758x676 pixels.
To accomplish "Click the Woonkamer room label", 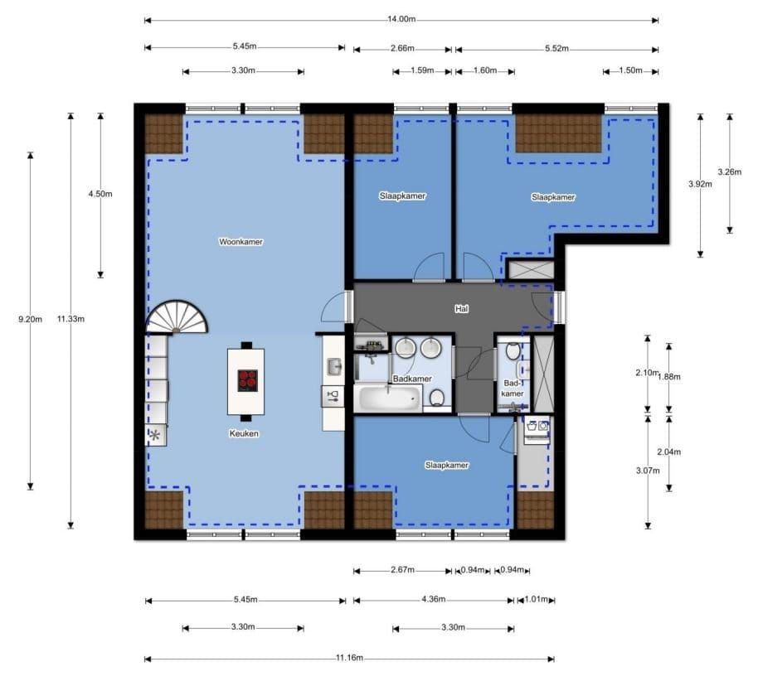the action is tap(241, 242).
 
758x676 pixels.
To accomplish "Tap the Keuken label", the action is tap(244, 433).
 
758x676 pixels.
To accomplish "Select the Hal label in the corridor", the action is tap(462, 308).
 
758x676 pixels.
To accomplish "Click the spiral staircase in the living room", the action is tap(177, 317).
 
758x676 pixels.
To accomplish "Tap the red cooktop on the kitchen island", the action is tap(247, 380).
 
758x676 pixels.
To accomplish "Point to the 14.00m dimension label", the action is tap(401, 19).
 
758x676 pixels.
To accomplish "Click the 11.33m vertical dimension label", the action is tap(70, 319).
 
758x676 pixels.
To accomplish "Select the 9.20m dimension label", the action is tap(30, 319).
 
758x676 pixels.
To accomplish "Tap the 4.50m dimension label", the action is tap(100, 194).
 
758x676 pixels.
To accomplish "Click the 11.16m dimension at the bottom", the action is tap(349, 658).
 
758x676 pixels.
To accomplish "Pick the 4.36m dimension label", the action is tap(433, 599).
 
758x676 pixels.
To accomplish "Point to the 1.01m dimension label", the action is tap(536, 599).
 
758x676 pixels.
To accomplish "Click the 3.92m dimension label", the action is tap(700, 184).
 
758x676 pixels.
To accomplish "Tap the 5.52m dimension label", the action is tap(557, 48).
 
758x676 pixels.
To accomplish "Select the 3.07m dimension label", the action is tap(648, 471).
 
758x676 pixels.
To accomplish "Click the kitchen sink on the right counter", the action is tap(334, 366).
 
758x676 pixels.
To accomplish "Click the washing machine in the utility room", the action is tap(537, 428).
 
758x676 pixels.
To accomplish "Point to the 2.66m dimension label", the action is tap(402, 48).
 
